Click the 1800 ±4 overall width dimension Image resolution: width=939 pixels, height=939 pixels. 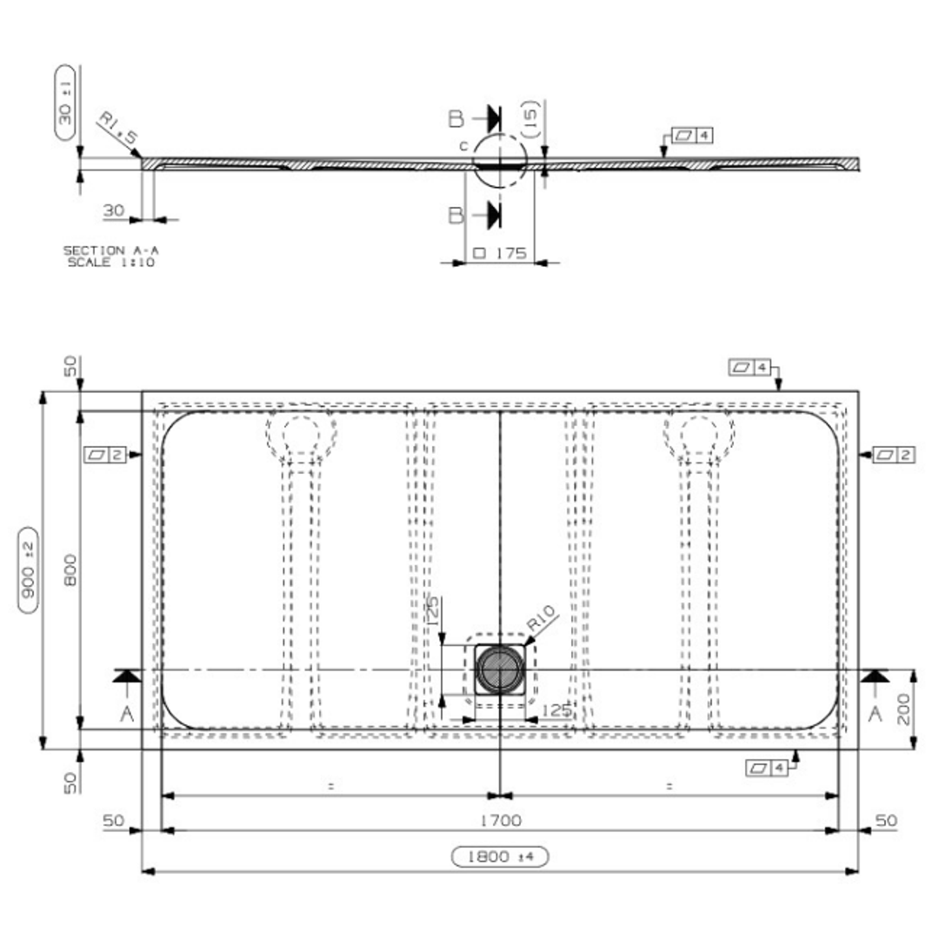(x=500, y=856)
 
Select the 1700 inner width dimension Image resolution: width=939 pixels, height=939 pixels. (x=500, y=820)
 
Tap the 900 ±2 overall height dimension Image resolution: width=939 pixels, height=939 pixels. (x=30, y=569)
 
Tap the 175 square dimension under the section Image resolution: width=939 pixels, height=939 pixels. (x=499, y=253)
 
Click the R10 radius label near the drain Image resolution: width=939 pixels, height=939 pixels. (x=543, y=623)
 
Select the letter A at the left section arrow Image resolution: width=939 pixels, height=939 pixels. (x=127, y=714)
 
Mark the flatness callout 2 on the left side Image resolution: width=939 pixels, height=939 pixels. (x=106, y=454)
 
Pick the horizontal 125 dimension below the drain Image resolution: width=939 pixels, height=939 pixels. (x=556, y=710)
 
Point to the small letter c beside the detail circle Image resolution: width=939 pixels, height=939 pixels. (x=463, y=145)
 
